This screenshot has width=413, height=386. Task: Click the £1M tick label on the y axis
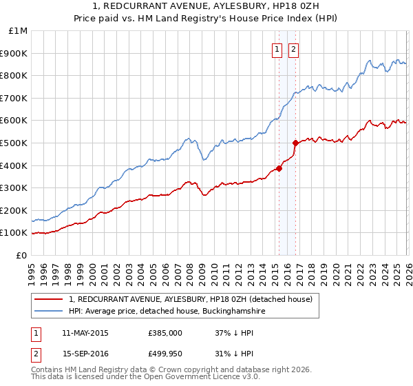coord(19,31)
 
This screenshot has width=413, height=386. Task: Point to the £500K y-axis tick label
coord(16,143)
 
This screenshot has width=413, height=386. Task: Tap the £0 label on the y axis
coord(23,255)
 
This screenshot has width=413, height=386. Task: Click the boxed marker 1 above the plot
coord(277,49)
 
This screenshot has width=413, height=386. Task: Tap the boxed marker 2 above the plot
coord(293,49)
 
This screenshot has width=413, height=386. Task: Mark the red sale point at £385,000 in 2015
coord(279,168)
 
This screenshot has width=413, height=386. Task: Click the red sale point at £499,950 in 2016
coord(295,143)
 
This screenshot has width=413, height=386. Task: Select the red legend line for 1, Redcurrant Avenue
coord(49,299)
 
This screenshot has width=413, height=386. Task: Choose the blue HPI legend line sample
coord(49,311)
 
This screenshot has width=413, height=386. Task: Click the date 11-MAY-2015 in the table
coord(85,333)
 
